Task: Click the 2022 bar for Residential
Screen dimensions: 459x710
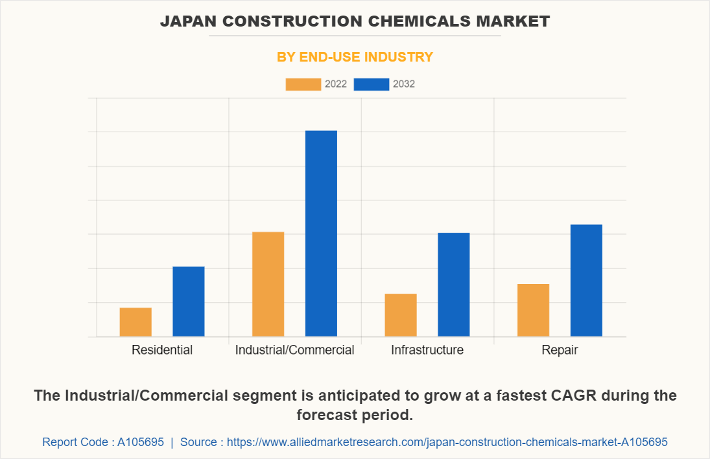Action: (x=136, y=322)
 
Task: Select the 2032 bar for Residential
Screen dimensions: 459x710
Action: (x=189, y=301)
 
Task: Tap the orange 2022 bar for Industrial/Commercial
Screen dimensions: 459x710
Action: (x=268, y=284)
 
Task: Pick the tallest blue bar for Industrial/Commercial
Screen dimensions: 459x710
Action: (x=321, y=233)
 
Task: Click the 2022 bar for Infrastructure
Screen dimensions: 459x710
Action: (x=401, y=315)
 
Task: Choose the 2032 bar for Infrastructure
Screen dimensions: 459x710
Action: (x=454, y=284)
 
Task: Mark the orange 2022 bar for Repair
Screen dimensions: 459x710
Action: (x=533, y=310)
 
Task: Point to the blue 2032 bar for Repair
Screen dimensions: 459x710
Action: (x=586, y=280)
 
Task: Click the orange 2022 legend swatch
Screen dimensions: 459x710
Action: (x=303, y=84)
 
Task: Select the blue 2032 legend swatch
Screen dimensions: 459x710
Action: (x=372, y=84)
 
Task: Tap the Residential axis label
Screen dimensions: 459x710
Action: (x=162, y=350)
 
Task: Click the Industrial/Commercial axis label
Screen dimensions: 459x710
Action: (x=294, y=350)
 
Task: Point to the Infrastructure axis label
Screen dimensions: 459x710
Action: (x=427, y=350)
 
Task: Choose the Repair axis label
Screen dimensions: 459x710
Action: (x=560, y=350)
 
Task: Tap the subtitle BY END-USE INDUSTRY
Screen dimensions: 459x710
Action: (x=355, y=57)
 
